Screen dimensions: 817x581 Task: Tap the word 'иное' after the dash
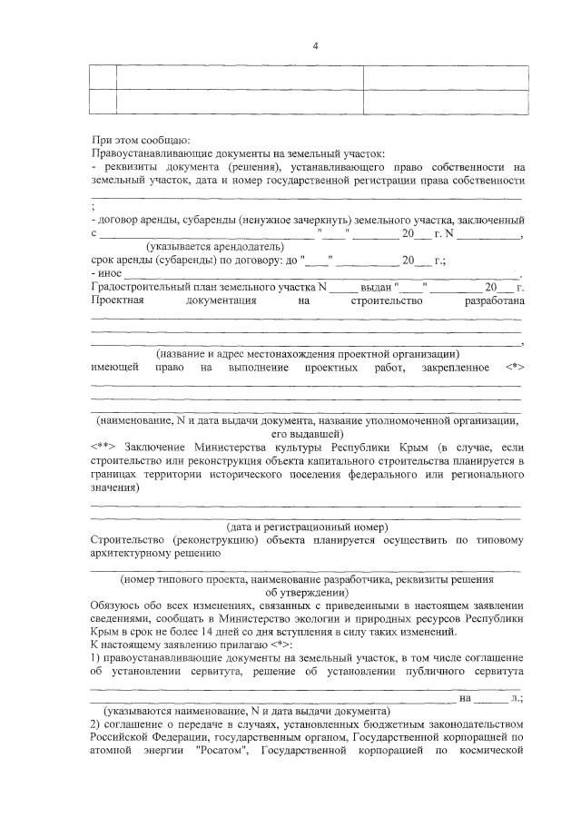(111, 273)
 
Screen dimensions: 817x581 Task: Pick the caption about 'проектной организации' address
(308, 354)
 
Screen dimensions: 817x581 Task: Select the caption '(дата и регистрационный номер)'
(307, 527)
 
